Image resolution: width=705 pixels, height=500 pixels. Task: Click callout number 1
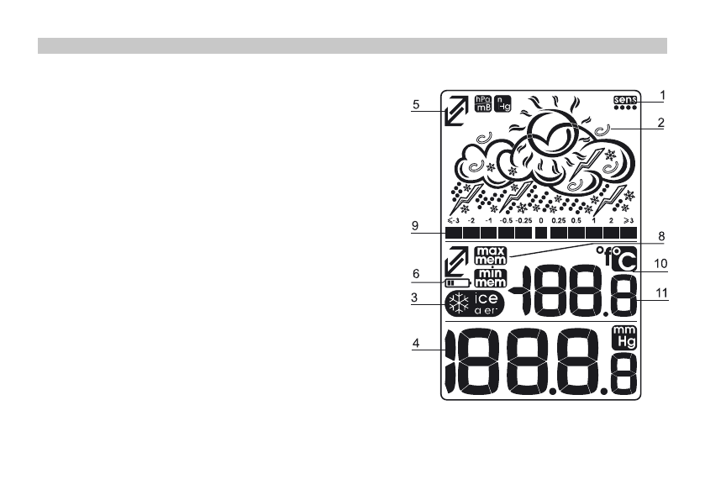[x=662, y=95]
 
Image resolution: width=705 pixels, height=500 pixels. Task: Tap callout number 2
[x=662, y=122]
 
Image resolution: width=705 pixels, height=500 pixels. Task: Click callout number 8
[x=661, y=238]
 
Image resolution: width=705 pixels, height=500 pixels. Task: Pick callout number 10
[x=661, y=263]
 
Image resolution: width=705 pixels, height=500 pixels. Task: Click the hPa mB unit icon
[x=482, y=103]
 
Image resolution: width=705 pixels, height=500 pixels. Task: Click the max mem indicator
[x=487, y=255]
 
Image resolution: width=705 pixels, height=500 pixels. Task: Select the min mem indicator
[x=487, y=279]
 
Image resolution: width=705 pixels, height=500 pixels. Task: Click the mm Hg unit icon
[x=623, y=338]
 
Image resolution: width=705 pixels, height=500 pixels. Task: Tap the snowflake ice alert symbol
[x=459, y=303]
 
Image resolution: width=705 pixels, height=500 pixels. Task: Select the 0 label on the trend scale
[x=541, y=218]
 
